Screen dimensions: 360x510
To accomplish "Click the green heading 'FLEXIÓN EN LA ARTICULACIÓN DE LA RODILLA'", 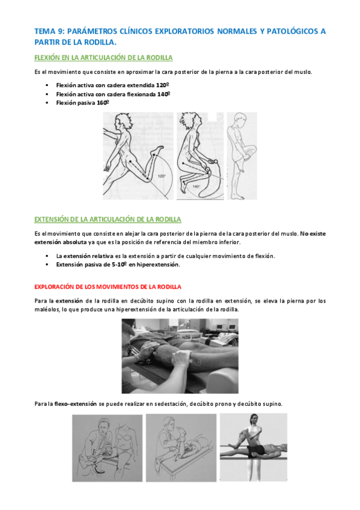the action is (103, 58).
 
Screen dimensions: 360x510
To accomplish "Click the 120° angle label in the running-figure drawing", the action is (162, 176).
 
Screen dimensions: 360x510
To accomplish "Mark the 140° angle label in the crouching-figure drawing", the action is (196, 186).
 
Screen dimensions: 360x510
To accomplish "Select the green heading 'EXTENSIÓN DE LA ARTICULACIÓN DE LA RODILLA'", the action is (108, 219).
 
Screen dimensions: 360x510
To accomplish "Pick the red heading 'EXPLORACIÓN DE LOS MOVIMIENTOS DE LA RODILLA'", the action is (108, 286).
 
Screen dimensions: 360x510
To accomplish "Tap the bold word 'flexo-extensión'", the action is (76, 404).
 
